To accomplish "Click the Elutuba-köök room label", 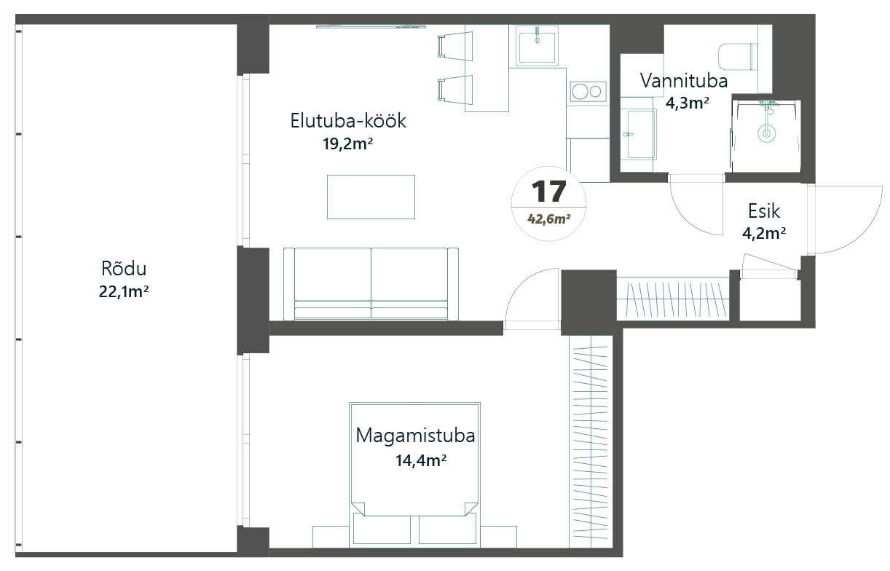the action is [348, 121].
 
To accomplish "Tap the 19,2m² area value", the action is [347, 144].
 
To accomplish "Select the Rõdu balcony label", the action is [124, 269].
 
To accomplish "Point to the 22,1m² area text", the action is [124, 291].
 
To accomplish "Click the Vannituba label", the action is [684, 81].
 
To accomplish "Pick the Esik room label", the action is [764, 211].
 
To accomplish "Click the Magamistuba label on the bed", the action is [415, 436].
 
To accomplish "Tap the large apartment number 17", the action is [548, 191].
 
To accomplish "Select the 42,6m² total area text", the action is [548, 219].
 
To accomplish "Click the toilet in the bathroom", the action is [738, 57].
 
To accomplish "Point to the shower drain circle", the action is [766, 133].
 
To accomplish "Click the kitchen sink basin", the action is [537, 47].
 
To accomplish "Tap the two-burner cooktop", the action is [588, 92].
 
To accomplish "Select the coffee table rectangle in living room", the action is [371, 197].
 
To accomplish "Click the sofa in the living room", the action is [371, 284].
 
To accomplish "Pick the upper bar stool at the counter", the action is [455, 46].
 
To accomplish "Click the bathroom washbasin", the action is [639, 134].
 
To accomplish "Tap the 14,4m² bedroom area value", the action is [421, 460].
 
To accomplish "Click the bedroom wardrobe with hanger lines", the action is [591, 442].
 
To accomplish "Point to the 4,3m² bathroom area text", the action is [687, 103].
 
